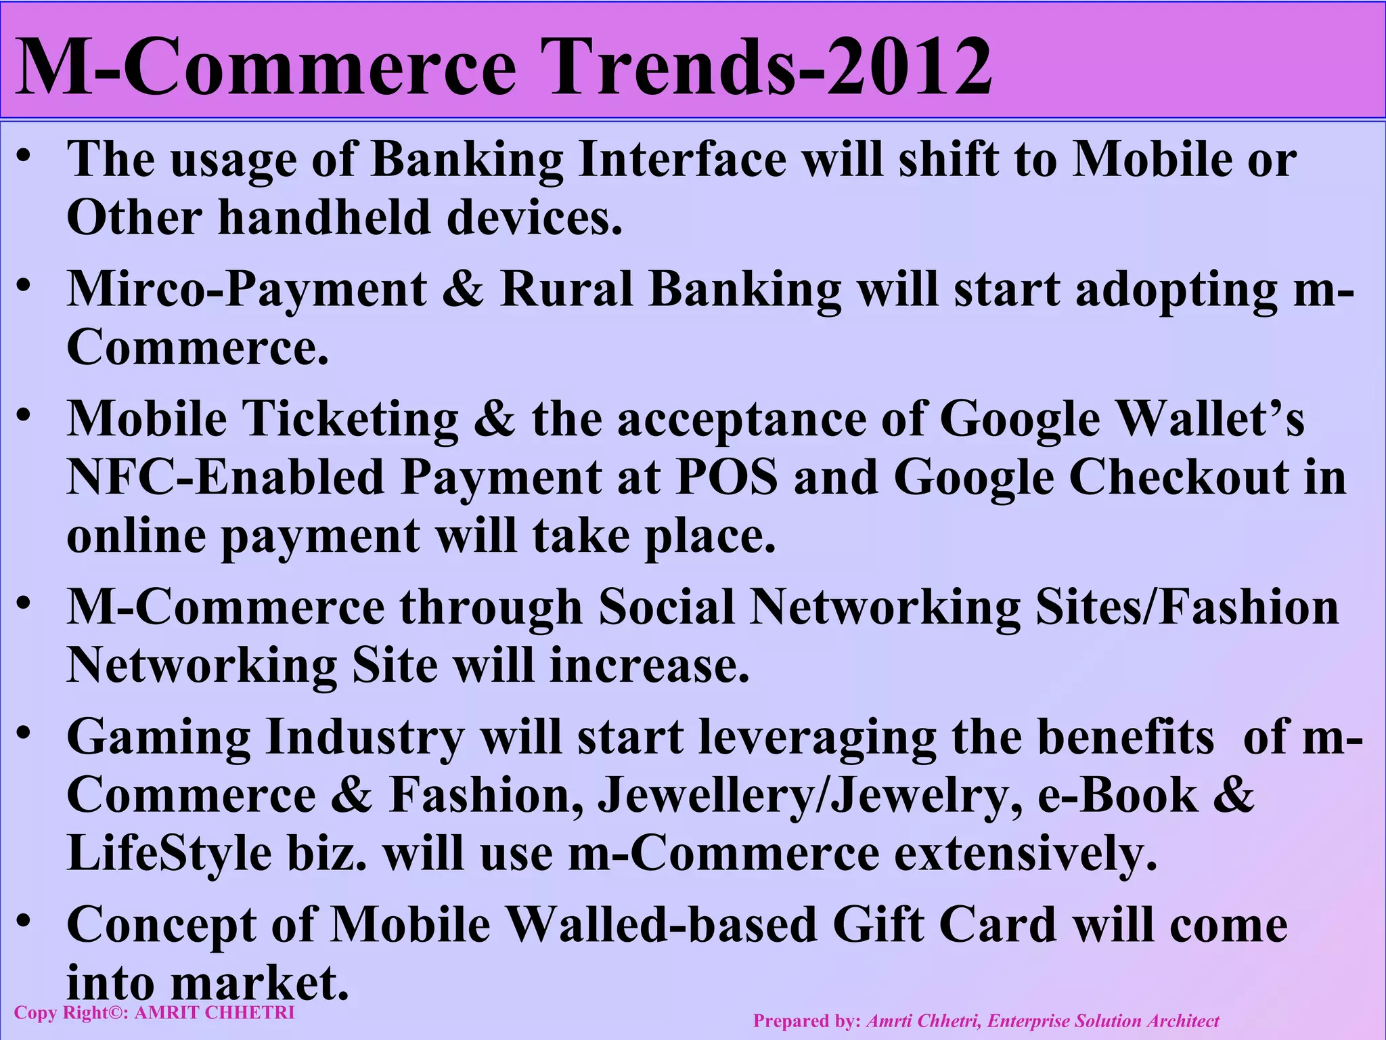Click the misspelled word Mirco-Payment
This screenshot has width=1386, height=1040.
[247, 290]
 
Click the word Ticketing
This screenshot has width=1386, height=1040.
[350, 419]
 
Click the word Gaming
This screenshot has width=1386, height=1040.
[158, 737]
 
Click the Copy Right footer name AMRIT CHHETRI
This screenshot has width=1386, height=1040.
[215, 1013]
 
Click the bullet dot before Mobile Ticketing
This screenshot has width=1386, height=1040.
[24, 414]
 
